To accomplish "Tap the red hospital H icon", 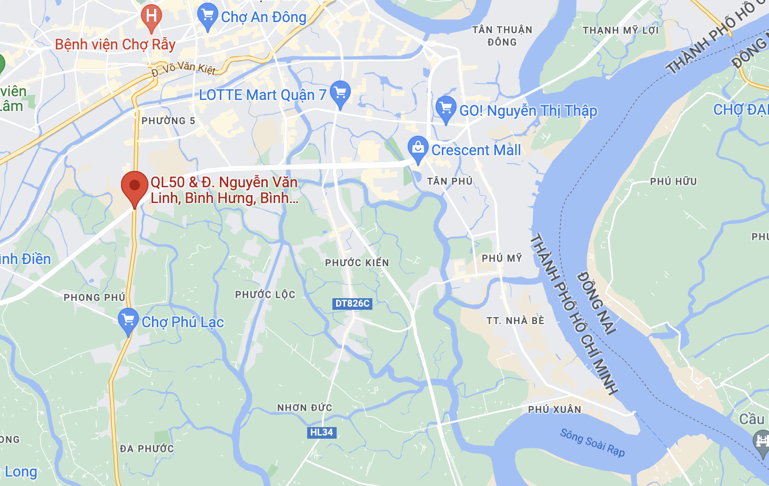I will click(151, 15).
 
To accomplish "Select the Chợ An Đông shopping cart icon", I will click(208, 16).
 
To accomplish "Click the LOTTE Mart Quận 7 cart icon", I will click(340, 93).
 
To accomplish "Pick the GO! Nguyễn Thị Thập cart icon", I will click(446, 109).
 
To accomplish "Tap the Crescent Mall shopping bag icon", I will click(418, 148).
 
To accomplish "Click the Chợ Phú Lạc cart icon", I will click(128, 320).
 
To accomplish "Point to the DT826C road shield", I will click(352, 303).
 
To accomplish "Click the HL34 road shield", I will click(321, 432).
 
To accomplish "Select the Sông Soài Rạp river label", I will click(592, 443).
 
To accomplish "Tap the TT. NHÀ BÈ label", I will click(515, 321).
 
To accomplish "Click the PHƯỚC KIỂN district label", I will click(357, 262).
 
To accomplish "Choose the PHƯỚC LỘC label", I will click(265, 295).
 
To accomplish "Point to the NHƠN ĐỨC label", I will click(305, 408).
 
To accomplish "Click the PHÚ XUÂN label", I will click(555, 409).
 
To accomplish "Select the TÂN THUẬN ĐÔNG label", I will click(502, 36).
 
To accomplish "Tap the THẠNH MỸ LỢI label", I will click(621, 31).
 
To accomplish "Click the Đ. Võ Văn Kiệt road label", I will click(184, 68).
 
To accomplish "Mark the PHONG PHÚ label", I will click(95, 298).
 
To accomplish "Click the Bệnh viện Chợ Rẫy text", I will click(115, 44).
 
